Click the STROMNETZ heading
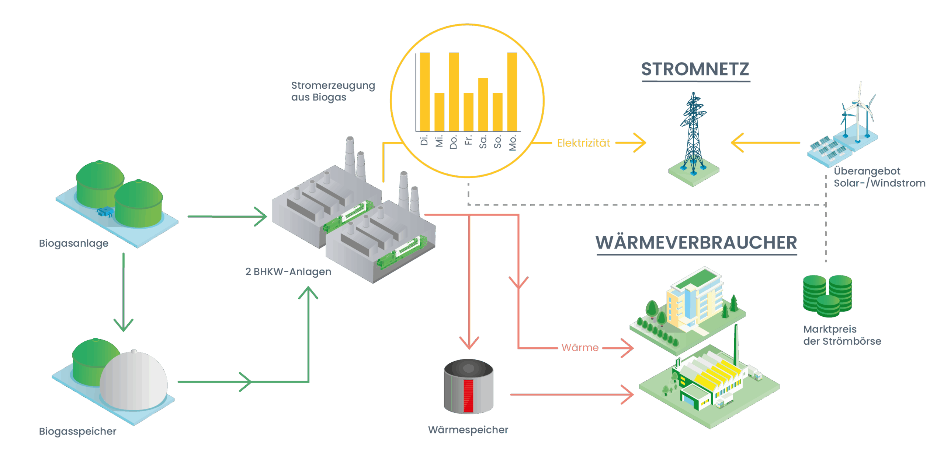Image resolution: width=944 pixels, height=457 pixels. (x=695, y=69)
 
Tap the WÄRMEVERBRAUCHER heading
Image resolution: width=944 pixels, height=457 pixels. (x=696, y=243)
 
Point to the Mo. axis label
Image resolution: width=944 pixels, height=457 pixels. (x=513, y=143)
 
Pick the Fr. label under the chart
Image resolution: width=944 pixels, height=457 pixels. (x=468, y=140)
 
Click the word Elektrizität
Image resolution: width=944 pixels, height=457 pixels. (x=583, y=143)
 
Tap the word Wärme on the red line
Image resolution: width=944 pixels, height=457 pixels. (x=580, y=347)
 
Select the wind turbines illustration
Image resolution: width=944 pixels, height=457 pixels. (x=859, y=110)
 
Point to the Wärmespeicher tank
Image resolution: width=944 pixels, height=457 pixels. (x=468, y=387)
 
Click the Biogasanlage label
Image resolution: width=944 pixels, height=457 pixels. (x=74, y=243)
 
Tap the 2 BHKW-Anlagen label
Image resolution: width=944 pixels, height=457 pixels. (x=288, y=272)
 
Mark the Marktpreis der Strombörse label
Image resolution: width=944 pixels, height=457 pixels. (x=842, y=335)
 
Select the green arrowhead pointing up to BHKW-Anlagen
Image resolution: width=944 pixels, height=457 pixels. (x=308, y=293)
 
